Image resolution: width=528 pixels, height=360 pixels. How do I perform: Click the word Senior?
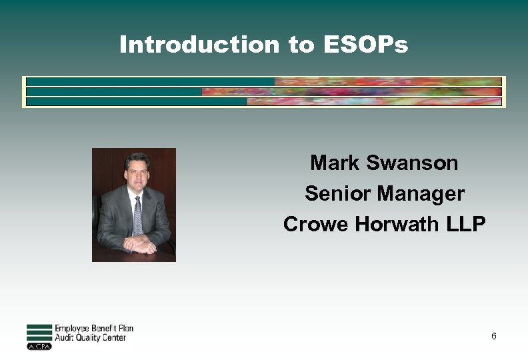pos(338,194)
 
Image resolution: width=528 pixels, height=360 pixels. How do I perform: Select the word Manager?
pos(421,194)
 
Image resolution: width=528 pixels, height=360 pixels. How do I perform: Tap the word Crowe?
pos(316,225)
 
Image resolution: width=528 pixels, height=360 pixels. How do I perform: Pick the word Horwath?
pos(396,225)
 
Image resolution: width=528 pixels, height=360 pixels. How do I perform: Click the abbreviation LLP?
pos(465,225)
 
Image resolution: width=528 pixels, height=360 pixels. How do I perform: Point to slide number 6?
pos(493,336)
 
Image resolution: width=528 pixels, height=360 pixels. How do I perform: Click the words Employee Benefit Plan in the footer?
pos(94,328)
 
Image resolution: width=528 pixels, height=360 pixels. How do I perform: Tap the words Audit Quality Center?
pos(90,338)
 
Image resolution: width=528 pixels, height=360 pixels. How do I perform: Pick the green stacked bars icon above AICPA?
pos(39,333)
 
